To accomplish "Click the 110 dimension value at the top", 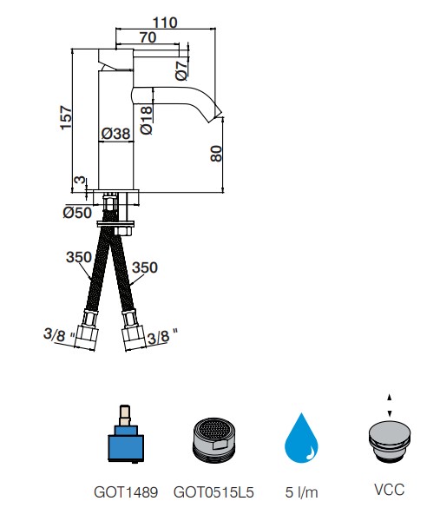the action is [165, 23].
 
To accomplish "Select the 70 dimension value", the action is [148, 37].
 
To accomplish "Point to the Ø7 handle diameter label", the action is [182, 71].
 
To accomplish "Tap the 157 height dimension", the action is [66, 117].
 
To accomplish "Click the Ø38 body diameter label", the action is [115, 134].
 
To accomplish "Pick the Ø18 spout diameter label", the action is [147, 120].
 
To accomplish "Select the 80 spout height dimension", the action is [216, 153].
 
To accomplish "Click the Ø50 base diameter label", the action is [77, 213].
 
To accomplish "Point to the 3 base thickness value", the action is [80, 180].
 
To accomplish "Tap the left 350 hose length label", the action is [79, 257].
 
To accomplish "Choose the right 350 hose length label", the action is [145, 267].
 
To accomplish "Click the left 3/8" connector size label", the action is [59, 335].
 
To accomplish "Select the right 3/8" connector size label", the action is [162, 337].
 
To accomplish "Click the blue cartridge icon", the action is [126, 434].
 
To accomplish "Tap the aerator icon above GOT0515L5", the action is [213, 440].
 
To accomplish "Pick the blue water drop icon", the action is [301, 438].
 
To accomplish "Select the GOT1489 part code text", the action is [126, 492].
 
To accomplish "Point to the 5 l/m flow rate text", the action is [301, 492].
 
